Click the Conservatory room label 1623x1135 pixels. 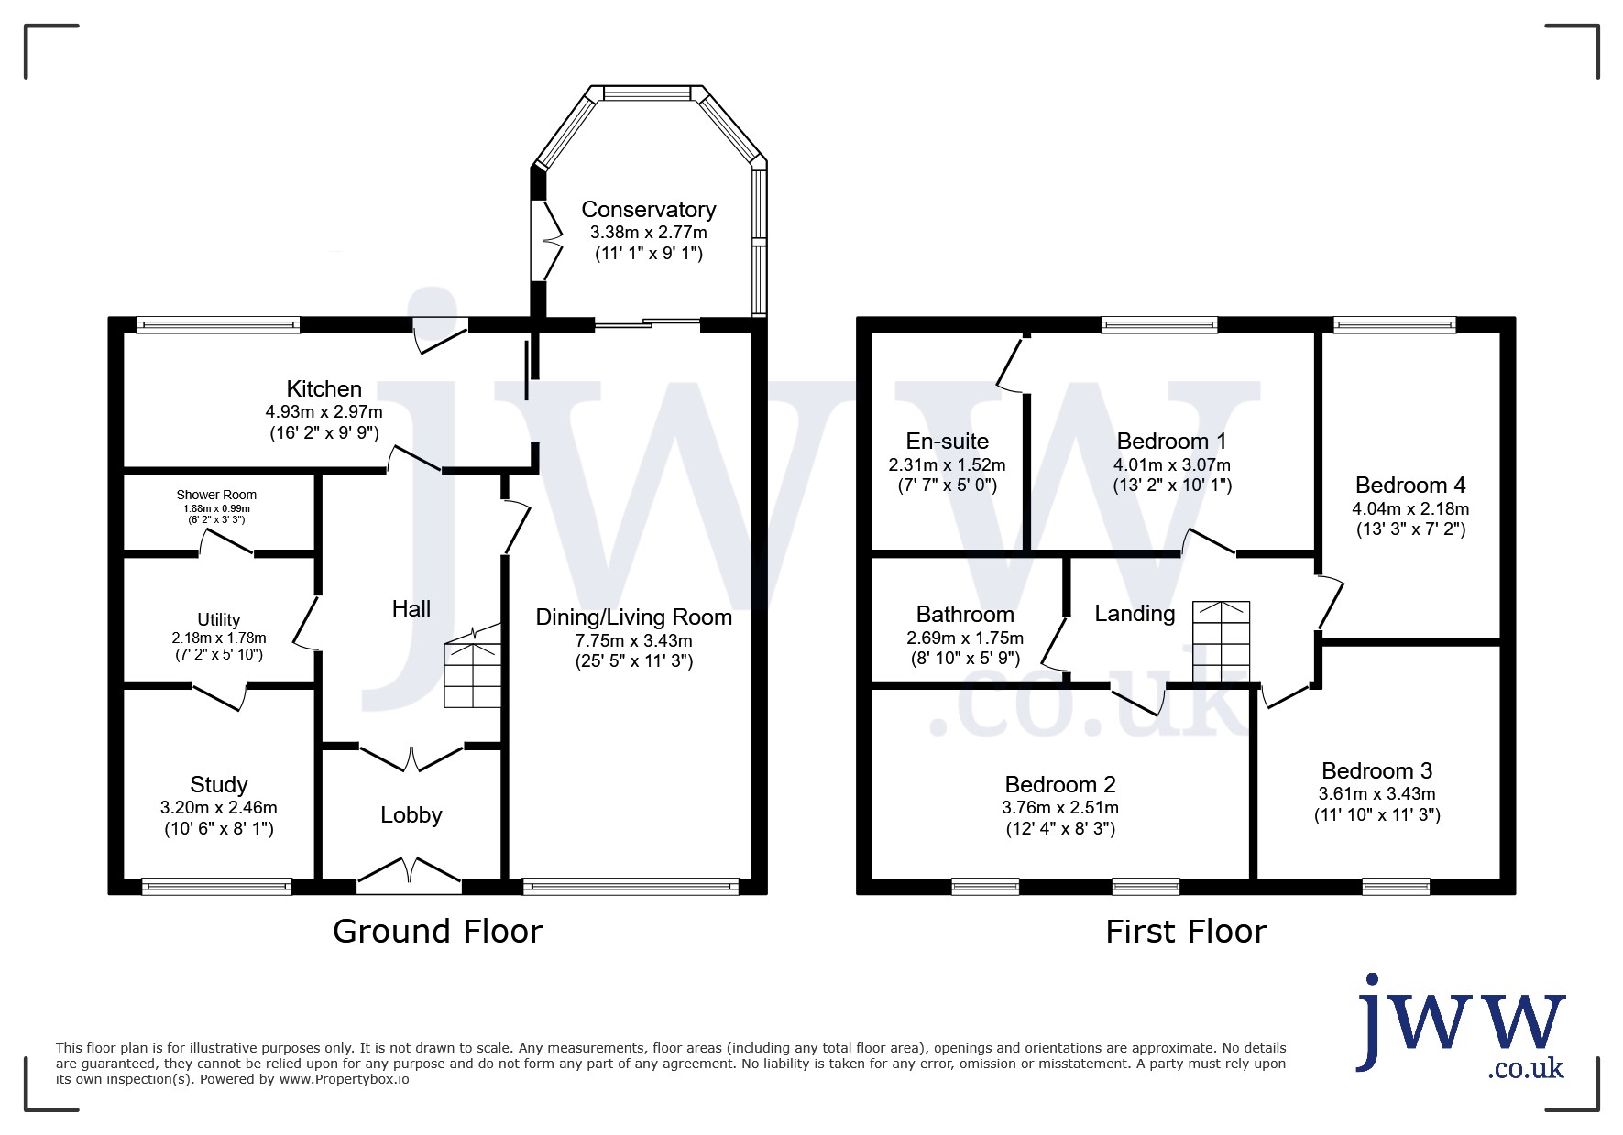coord(648,210)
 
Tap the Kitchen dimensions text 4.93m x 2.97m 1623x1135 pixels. coord(324,412)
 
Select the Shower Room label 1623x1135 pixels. coord(216,496)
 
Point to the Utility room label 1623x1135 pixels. coord(219,620)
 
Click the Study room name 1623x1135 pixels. coord(219,785)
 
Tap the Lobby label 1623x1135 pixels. coord(411,815)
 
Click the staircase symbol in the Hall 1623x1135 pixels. coord(473,667)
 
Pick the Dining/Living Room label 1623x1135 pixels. coord(634,617)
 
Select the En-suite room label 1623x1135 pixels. coord(948,442)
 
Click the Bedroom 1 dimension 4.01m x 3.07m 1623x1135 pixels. coord(1172,465)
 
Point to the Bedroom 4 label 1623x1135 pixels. coord(1410,486)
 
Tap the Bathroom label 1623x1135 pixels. coord(965,615)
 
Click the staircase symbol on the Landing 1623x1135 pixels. coord(1221,641)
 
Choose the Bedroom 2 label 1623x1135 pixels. coord(1060,785)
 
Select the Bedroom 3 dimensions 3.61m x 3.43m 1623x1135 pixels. coord(1376,794)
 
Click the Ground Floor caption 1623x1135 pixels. coord(438,932)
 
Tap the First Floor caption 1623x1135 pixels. coord(1186,932)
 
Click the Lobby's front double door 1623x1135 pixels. coord(409,874)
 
